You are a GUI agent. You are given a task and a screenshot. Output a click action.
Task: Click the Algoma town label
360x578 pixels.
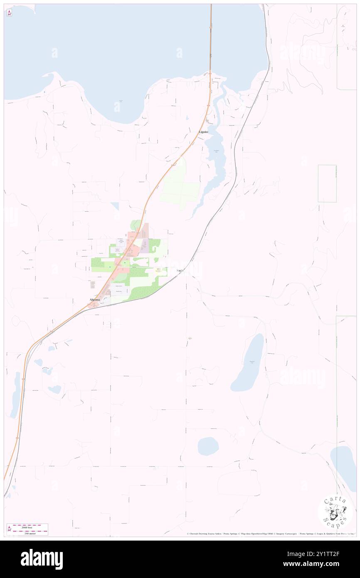click(94, 299)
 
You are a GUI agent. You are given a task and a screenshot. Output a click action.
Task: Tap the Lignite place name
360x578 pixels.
click(203, 132)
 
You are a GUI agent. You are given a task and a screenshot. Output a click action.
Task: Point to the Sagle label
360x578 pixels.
click(180, 271)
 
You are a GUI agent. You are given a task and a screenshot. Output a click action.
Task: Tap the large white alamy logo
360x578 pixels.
click(42, 559)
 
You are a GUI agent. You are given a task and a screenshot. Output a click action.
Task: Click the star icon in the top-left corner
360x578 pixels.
click(10, 13)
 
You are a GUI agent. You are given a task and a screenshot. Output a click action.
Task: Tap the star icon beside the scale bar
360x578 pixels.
click(10, 529)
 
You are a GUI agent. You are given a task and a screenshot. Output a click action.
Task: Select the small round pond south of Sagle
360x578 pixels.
click(208, 447)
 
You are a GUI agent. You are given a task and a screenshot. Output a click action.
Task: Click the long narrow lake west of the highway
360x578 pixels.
click(15, 395)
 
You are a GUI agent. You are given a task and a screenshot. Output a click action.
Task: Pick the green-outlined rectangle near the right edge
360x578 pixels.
click(327, 183)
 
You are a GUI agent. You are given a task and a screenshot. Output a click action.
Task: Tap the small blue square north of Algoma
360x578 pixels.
click(115, 205)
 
